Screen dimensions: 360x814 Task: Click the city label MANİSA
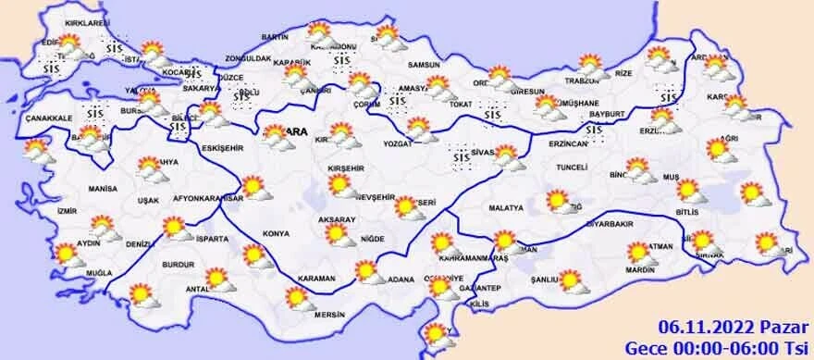[x=104, y=188]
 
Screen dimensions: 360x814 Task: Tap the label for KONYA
[x=276, y=233]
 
